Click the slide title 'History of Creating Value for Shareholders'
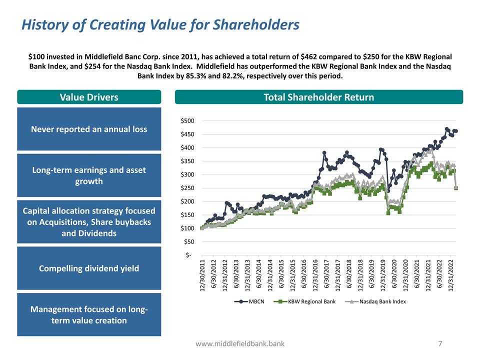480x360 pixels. pyautogui.click(x=160, y=24)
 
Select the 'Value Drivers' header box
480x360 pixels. pyautogui.click(x=89, y=97)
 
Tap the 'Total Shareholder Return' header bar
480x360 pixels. pyautogui.click(x=318, y=97)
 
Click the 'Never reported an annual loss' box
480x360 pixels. pyautogui.click(x=89, y=129)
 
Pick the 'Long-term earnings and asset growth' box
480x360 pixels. pyautogui.click(x=89, y=175)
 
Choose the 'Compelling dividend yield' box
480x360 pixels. pyautogui.click(x=89, y=268)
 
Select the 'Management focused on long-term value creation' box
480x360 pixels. pyautogui.click(x=89, y=314)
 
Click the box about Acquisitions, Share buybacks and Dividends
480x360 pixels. pyautogui.click(x=89, y=222)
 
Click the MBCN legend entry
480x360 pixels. pyautogui.click(x=252, y=301)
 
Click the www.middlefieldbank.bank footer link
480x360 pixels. pyautogui.click(x=240, y=344)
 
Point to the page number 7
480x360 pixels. pyautogui.click(x=440, y=343)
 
